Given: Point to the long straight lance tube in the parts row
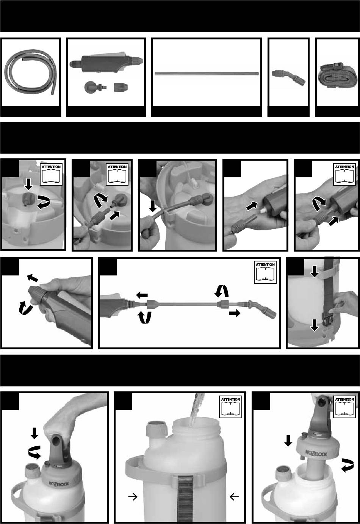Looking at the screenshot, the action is point(207,74).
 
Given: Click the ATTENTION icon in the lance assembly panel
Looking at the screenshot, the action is point(265,272).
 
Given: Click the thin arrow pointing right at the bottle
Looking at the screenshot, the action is point(133,496).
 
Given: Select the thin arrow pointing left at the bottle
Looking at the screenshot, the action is point(234,496).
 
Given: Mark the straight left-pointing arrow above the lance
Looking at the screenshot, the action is point(142,295).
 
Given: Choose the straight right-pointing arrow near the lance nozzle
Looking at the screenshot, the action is point(235,313).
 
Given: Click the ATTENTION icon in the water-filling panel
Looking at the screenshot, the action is point(230,407).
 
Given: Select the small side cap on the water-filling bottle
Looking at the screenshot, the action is point(156,428).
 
